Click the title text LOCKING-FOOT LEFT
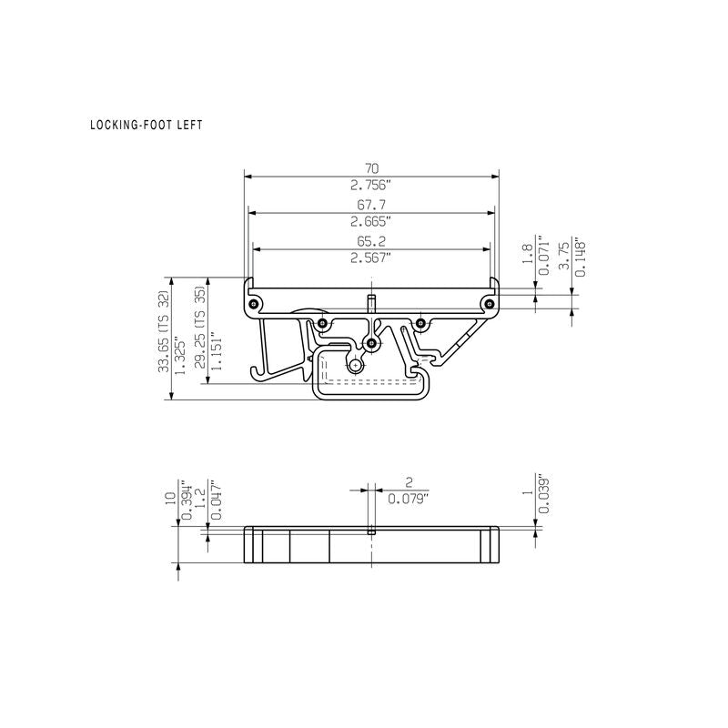[x=147, y=125]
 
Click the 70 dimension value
[x=371, y=168]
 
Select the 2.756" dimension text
[x=371, y=186]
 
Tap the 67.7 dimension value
[x=371, y=204]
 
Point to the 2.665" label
[x=371, y=221]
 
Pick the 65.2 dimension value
[x=371, y=241]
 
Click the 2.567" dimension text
[x=371, y=258]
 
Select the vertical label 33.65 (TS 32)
[x=164, y=331]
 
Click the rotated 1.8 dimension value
[x=528, y=254]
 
